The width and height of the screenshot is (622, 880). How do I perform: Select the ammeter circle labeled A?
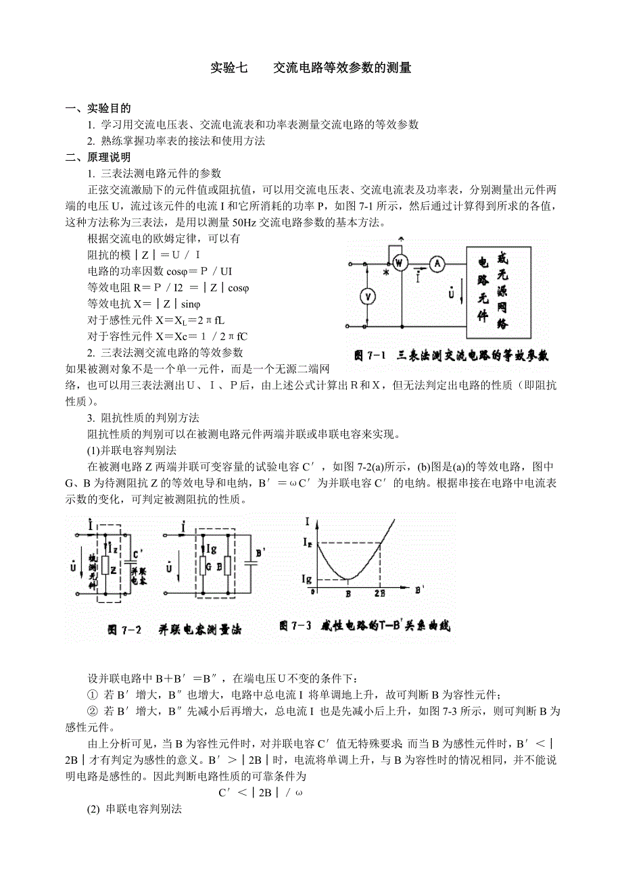pos(437,265)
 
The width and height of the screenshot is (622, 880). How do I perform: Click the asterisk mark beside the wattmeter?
pos(385,273)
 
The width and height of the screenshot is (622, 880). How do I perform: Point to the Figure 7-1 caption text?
pos(452,354)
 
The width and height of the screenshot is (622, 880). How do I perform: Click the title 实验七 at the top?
pos(229,68)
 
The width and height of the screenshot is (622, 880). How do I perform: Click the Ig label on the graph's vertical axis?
pos(308,579)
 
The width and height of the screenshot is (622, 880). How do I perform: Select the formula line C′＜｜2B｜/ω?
pos(260,792)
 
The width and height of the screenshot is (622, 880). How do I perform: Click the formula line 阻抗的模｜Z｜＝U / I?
pos(144,255)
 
